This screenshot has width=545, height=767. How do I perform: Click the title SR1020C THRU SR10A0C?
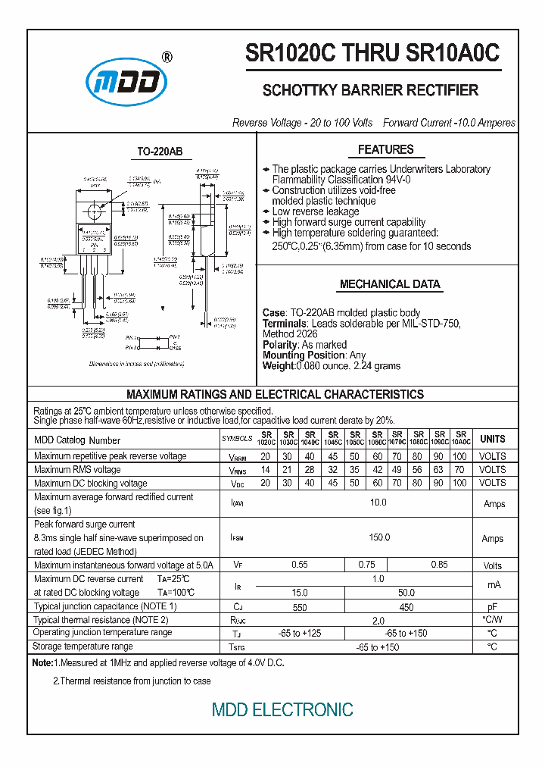coord(372,54)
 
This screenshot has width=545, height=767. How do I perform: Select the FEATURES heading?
coord(385,149)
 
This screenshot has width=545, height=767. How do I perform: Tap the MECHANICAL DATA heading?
coord(389,284)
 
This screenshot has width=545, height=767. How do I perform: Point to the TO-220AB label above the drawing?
coord(160,152)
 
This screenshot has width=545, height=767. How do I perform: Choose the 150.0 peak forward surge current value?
coord(378,537)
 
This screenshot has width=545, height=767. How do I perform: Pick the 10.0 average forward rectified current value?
coord(378,502)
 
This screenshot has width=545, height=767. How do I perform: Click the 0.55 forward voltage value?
coord(300,565)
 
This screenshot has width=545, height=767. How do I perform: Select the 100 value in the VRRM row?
coord(459,456)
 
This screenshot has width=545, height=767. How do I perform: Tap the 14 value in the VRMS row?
coord(266,469)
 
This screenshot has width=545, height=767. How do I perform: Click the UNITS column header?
coord(492,439)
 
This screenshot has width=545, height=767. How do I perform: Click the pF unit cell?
coord(492,606)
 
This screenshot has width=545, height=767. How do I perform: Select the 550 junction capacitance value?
coord(300,606)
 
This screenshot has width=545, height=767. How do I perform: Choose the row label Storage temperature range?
coord(83,646)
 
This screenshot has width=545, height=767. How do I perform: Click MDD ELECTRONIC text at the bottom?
coord(282,709)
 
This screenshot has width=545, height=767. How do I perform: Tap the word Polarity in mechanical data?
coord(280,345)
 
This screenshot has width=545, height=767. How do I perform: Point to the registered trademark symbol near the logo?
coord(167,57)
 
